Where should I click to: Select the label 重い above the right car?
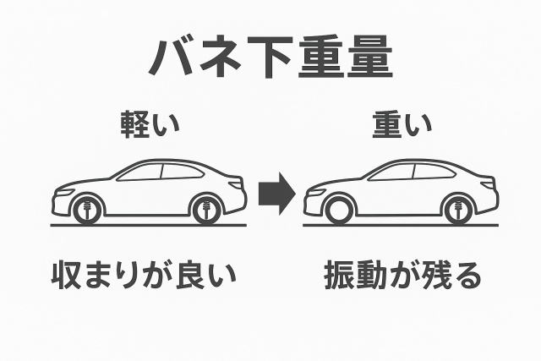click(x=402, y=124)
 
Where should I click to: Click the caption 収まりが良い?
click(x=142, y=276)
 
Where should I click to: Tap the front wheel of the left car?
click(x=87, y=210)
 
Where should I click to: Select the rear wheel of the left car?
click(x=205, y=210)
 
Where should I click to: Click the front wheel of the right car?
click(x=338, y=210)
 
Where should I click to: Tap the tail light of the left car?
click(x=239, y=183)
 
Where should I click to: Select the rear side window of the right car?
click(x=434, y=172)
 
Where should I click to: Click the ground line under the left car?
click(x=149, y=226)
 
